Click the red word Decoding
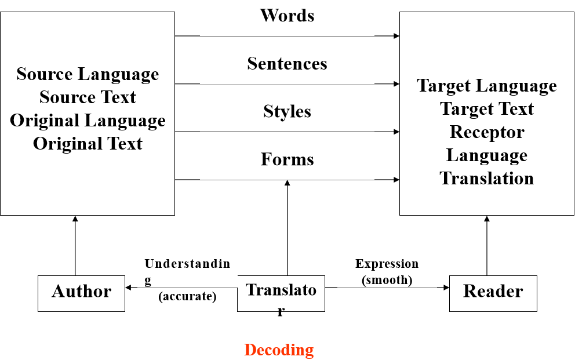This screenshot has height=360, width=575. pos(279,350)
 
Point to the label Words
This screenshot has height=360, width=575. pos(287,16)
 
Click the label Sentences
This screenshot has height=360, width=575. pos(287,63)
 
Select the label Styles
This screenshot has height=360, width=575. pos(287,111)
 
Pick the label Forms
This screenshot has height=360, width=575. pos(287,159)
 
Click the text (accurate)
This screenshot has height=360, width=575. pos(187,297)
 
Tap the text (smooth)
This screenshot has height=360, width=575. pos(387,281)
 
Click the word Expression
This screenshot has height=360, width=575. pos(387,264)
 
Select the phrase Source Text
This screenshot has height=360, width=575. pos(88,97)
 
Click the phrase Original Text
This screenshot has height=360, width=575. pos(88,144)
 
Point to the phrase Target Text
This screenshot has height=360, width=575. pos(487,109)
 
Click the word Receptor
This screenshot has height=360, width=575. pos(487,132)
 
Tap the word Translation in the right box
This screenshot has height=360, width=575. pos(487,178)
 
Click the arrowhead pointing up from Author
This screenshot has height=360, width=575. pos(75,219)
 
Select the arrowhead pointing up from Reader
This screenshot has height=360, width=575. pos(487,219)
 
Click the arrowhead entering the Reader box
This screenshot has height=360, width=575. pos(447,288)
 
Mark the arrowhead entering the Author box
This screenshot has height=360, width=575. pos(128,288)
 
